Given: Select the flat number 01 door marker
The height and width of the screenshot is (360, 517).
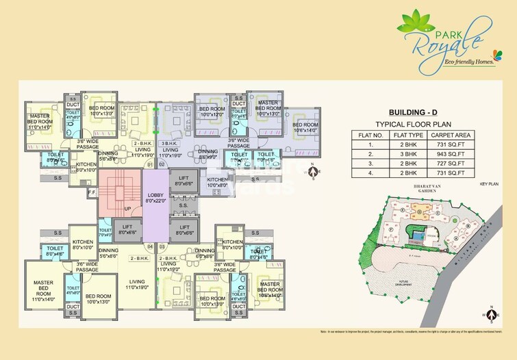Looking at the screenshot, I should click(150, 165).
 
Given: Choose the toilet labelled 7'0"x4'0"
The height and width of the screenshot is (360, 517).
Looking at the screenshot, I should click(105, 232).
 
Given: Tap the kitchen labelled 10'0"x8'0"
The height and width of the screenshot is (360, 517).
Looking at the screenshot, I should click(218, 182).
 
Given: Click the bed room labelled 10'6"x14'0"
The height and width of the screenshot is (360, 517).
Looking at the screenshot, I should click(305, 127).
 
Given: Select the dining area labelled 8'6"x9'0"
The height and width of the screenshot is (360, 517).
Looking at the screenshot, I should click(208, 154).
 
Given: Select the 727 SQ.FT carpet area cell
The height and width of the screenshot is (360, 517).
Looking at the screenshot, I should click(448, 164).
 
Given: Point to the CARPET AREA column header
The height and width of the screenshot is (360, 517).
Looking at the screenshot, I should click(448, 135).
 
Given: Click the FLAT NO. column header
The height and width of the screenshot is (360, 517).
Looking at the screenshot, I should click(370, 135).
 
